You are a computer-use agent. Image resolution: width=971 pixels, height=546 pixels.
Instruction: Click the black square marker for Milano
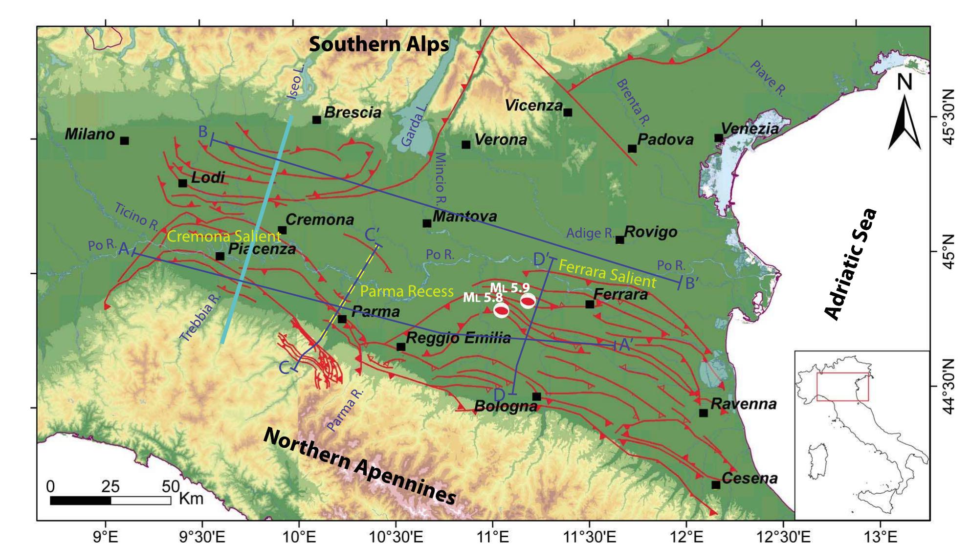(125, 141)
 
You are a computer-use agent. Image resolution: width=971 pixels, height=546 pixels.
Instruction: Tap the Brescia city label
(353, 112)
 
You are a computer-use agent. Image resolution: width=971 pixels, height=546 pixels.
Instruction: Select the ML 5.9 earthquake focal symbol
(528, 301)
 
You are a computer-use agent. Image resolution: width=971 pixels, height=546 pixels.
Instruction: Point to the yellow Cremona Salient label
(224, 237)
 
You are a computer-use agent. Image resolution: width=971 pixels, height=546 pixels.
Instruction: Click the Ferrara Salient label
(607, 274)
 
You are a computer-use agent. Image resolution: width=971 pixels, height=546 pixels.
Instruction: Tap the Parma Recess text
(407, 292)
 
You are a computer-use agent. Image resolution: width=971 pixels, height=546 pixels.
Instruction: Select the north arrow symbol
(905, 122)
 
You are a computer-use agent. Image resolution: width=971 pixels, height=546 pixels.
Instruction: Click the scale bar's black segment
(81, 501)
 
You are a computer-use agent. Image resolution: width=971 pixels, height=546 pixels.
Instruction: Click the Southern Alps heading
(379, 44)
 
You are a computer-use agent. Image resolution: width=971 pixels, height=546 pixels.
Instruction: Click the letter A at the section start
(124, 250)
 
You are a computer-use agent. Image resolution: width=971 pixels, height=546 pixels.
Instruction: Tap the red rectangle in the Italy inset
(842, 387)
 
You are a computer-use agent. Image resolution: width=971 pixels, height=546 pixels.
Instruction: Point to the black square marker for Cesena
(716, 485)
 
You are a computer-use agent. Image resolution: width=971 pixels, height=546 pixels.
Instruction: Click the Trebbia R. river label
(201, 318)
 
